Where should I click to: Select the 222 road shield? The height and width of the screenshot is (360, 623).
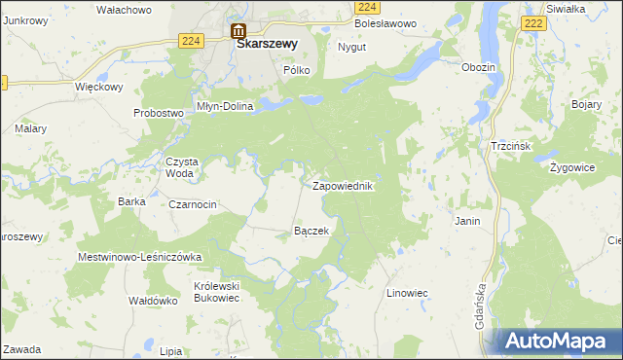point(532,22)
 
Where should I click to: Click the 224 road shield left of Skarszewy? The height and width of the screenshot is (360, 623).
point(191,40)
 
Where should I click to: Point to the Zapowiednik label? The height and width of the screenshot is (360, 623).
point(343,185)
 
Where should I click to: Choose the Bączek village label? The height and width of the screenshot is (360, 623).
point(311,232)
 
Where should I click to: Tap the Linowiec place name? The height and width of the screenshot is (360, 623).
point(408,292)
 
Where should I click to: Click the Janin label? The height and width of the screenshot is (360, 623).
point(467,221)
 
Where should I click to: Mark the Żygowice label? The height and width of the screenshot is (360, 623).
point(571,167)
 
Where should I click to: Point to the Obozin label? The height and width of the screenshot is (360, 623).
point(479,67)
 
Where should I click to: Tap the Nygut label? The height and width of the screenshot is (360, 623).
point(351,47)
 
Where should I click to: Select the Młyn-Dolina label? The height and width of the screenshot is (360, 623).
point(224,106)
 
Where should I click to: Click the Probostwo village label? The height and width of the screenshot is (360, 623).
point(159,113)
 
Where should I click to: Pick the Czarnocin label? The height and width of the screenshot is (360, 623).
point(193,204)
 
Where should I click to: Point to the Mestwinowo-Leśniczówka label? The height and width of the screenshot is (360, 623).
point(139,257)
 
